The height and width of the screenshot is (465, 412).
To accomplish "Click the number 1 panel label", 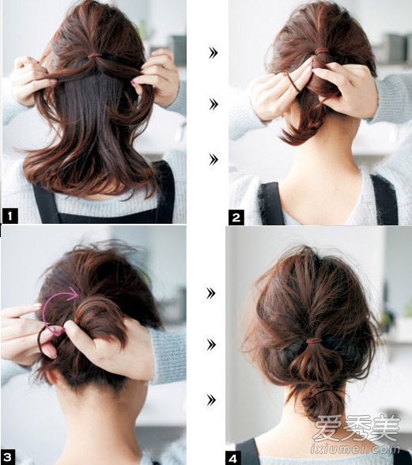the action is [x=10, y=216].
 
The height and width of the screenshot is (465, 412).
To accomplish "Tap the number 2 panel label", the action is [x=236, y=217].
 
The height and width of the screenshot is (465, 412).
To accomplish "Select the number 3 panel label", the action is [x=8, y=457].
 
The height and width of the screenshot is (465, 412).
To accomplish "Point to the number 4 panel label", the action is [x=232, y=458].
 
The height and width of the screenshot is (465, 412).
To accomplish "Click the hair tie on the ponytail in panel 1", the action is [x=94, y=55].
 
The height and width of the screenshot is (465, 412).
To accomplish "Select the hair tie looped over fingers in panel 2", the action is [x=292, y=81].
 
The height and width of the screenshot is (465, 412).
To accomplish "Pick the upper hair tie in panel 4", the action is [x=313, y=341].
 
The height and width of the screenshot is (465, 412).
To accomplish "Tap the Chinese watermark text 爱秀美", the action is [x=357, y=428].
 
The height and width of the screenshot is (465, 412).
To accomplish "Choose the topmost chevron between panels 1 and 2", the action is [x=214, y=53].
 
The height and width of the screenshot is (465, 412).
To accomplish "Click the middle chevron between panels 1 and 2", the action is [x=214, y=104].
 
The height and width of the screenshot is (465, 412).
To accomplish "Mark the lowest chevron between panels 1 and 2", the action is [x=214, y=160].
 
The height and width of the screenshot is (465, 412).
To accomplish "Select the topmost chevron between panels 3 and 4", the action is [x=211, y=293].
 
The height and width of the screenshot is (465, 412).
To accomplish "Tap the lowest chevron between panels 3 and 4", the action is [x=211, y=400].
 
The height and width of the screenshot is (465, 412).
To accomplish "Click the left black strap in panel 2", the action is [x=270, y=204].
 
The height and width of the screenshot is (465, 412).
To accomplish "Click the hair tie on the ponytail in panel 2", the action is [x=320, y=52].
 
